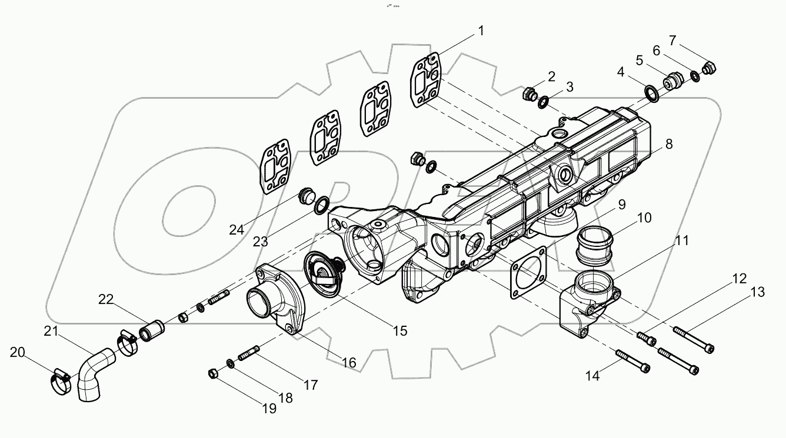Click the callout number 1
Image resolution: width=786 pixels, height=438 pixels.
click(x=481, y=31)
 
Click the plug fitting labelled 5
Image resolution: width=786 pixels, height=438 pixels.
click(x=672, y=81)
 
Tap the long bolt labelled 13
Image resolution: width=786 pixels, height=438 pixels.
click(x=694, y=340)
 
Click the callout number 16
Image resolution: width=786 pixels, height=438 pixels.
click(x=349, y=363)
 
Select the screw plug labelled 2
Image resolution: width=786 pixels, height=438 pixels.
click(x=529, y=94)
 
